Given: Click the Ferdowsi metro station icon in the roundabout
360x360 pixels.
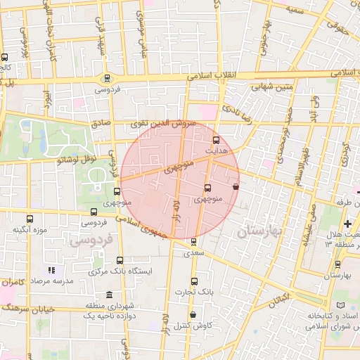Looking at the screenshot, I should coord(106,78).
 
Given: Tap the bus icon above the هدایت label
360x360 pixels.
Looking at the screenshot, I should coord(216,140).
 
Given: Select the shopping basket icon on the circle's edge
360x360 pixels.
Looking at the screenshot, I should coord(235,187).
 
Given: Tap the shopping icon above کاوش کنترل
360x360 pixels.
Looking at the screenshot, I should coord(193,314).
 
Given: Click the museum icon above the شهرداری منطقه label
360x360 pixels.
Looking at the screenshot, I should coord(108,295).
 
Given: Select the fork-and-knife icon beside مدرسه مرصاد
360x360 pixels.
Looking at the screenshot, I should coord(51,270).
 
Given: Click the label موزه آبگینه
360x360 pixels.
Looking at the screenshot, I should coord(30,230).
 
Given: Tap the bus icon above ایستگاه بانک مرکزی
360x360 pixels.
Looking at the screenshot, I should coord(119,260).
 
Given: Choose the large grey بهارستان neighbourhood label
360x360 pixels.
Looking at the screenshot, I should coord(259,231).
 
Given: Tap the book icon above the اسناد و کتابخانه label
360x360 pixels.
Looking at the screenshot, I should coord(342,305).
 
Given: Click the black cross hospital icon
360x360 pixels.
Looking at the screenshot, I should coord(348,224).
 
